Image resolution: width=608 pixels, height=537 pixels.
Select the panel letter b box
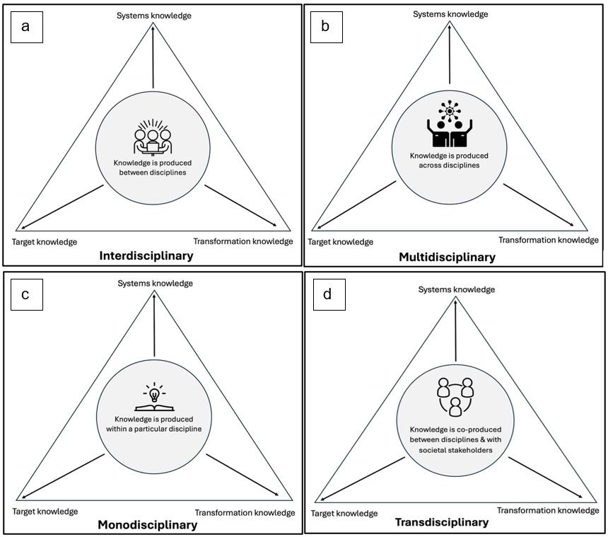325,26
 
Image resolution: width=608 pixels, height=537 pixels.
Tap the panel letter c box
26,294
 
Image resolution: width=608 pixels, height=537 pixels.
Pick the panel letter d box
328,294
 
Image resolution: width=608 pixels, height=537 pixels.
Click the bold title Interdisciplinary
146,256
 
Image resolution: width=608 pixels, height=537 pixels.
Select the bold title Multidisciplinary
447,258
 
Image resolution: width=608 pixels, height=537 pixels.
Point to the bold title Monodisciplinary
147,525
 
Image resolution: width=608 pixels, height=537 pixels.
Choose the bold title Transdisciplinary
441,523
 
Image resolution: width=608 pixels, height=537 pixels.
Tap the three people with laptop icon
153,139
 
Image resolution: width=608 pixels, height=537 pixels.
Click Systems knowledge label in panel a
153,16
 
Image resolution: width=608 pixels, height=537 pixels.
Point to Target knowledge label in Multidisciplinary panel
341,242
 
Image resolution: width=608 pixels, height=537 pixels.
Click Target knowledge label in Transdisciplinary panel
344,514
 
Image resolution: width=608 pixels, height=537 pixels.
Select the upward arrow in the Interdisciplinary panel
153,57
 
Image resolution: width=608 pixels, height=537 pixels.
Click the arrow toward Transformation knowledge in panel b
539,205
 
